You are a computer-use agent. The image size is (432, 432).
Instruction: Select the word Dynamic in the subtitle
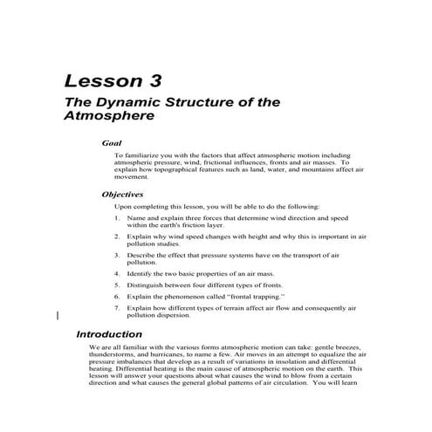[123, 102]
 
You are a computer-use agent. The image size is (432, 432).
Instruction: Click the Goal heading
[111, 142]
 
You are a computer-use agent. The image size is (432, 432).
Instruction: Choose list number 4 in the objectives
[118, 274]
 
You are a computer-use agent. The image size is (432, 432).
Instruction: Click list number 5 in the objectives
[118, 285]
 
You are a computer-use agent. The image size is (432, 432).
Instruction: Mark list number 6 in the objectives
[118, 297]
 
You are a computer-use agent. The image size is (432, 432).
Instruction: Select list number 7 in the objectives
[118, 308]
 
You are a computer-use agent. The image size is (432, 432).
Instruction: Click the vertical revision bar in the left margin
[58, 316]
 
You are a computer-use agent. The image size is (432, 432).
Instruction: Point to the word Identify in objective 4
[141, 274]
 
